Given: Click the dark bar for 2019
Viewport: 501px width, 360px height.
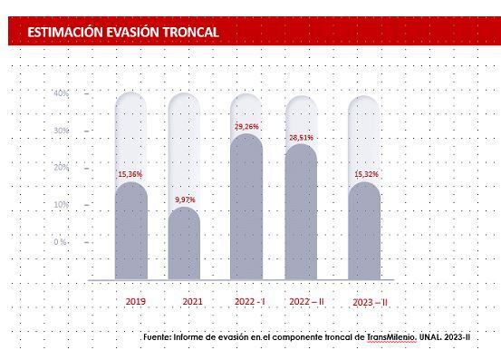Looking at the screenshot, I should [x=131, y=231].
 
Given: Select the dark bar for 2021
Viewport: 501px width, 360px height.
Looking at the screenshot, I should [x=185, y=243].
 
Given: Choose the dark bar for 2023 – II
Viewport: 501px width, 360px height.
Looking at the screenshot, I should [x=364, y=231].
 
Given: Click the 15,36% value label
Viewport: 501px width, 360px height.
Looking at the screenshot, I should [x=130, y=173].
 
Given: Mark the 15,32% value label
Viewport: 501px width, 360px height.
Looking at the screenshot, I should [x=364, y=173].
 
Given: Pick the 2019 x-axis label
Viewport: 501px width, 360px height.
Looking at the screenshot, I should [x=135, y=301].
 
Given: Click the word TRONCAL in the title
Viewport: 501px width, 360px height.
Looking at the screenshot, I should [x=188, y=33].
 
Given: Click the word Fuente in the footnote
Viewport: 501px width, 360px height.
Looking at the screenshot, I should [x=159, y=337].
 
